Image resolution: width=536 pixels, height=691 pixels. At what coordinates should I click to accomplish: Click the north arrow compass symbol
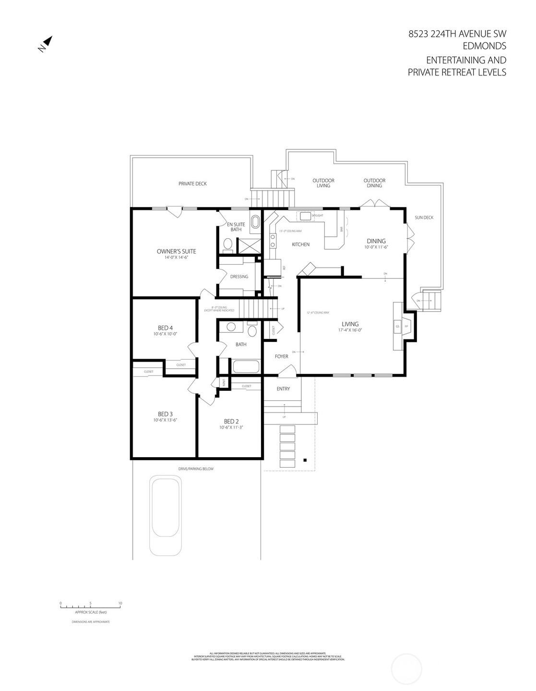click(47, 44)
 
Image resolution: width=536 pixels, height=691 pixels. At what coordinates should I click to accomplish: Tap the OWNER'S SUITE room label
click(176, 252)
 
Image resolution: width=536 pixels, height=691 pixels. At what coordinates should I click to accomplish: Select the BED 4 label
click(165, 328)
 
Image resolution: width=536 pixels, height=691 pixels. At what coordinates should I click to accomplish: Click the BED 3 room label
click(165, 414)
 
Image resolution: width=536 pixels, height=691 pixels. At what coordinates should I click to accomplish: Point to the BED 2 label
click(231, 422)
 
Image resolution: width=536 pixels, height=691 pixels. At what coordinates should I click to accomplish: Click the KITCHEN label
click(301, 244)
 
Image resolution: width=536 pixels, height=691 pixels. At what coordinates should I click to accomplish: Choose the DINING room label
click(376, 241)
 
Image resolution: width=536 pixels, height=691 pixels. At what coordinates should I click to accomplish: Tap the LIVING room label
click(350, 324)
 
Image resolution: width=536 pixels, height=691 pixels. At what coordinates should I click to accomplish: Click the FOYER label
click(281, 356)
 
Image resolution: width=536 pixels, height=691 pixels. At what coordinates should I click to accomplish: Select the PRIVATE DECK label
click(192, 183)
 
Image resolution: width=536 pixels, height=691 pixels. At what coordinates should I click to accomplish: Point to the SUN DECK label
click(424, 218)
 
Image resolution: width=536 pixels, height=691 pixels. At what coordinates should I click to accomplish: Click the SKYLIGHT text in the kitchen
click(317, 216)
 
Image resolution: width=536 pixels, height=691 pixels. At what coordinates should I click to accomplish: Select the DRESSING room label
click(239, 277)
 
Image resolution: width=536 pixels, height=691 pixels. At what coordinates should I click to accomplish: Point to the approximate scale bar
click(90, 607)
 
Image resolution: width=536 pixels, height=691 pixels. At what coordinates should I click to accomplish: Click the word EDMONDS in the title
click(484, 46)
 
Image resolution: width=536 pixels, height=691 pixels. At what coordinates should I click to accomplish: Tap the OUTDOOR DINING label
click(374, 183)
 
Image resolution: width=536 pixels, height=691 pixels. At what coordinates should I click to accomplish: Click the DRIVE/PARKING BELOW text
click(196, 469)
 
